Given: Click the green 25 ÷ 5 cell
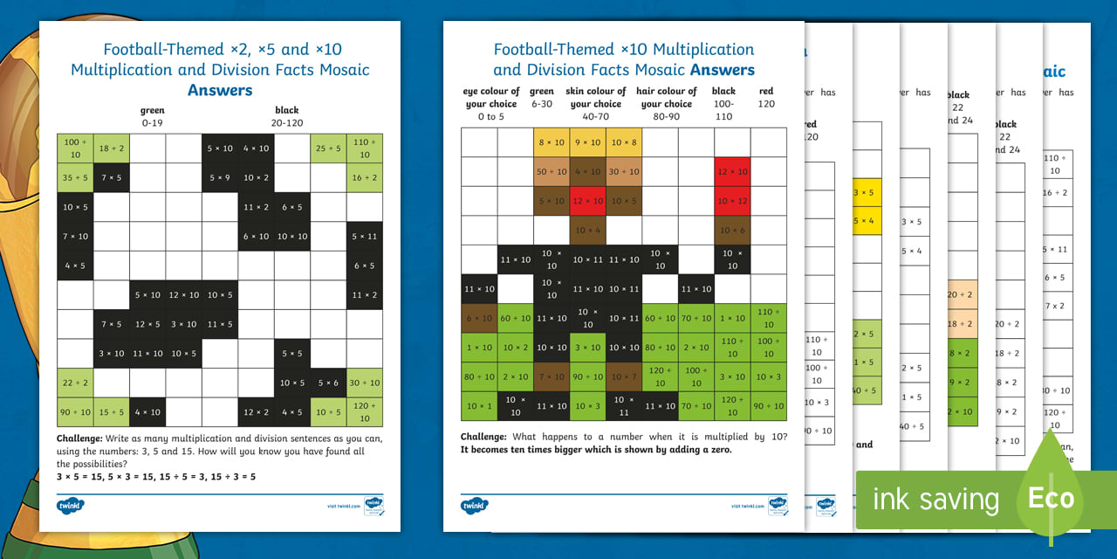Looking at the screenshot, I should pyautogui.click(x=328, y=148).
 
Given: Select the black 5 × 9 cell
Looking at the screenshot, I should pyautogui.click(x=219, y=177).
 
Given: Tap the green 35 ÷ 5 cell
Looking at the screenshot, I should pyautogui.click(x=74, y=177).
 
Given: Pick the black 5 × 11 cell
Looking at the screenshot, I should pyautogui.click(x=364, y=236).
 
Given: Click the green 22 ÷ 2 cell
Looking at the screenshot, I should pyautogui.click(x=74, y=383).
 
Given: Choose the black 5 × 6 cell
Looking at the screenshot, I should pyautogui.click(x=328, y=383).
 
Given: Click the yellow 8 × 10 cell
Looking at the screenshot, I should pyautogui.click(x=551, y=142).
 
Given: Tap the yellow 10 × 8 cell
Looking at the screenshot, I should pyautogui.click(x=623, y=142).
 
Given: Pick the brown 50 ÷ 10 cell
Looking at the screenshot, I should pyautogui.click(x=551, y=172).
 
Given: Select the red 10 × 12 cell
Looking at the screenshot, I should pyautogui.click(x=732, y=201).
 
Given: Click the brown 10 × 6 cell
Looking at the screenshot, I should pyautogui.click(x=732, y=231).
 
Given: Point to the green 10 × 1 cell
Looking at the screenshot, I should pyautogui.click(x=478, y=406).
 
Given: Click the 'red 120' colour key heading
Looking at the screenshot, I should pyautogui.click(x=765, y=97).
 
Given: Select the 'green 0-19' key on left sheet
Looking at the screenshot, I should pyautogui.click(x=152, y=117).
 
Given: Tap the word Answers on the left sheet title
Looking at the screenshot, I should pyautogui.click(x=220, y=90).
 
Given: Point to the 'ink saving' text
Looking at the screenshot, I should pyautogui.click(x=935, y=500).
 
